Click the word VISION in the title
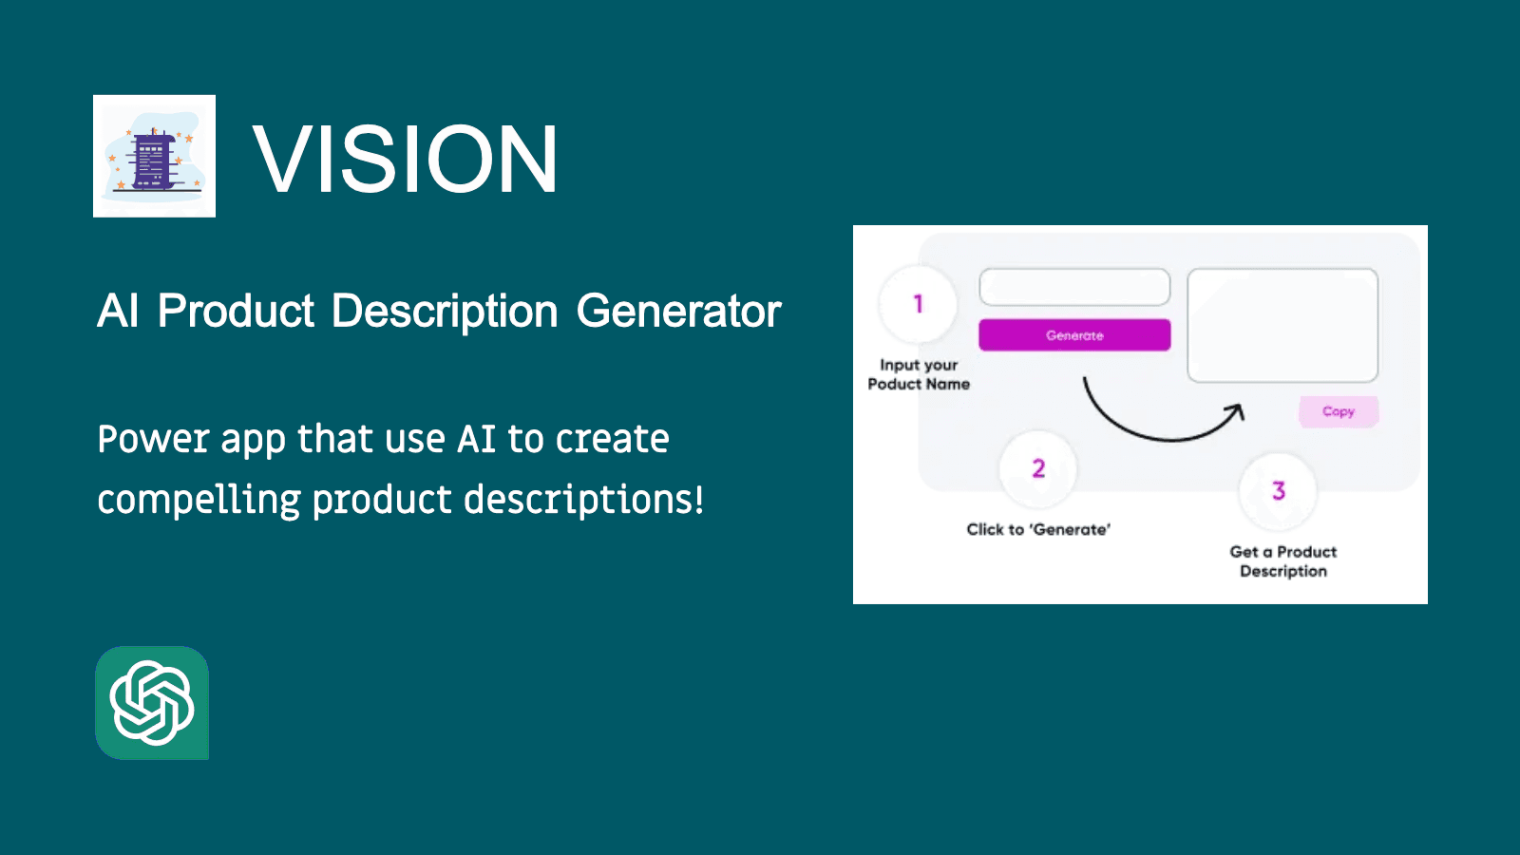pos(406,160)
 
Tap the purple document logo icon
pos(154,157)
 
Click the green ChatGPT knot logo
pos(152,703)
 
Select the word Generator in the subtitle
pos(678,312)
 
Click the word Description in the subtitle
pos(444,312)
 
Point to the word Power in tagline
pos(153,440)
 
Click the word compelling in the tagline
pos(199,501)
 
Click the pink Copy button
pos(1338,411)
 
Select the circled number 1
pos(918,304)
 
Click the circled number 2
pos(1038,468)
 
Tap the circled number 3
pos(1279,491)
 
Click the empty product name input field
pos(1074,287)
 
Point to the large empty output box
pos(1282,325)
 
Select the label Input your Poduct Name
pos(919,374)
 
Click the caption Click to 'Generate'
pos(1038,530)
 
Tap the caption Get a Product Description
pos(1282,561)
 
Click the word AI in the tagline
pos(476,440)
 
